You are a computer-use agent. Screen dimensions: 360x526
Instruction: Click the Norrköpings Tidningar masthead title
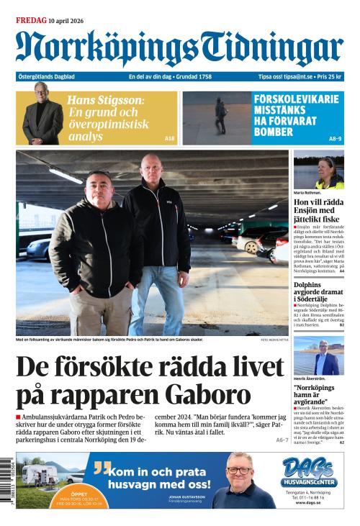(x=180, y=48)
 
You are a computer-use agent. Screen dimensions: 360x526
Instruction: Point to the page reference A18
(x=169, y=138)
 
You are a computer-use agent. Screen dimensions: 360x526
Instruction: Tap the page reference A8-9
(x=336, y=138)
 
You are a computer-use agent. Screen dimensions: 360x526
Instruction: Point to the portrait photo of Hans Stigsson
(x=42, y=115)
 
